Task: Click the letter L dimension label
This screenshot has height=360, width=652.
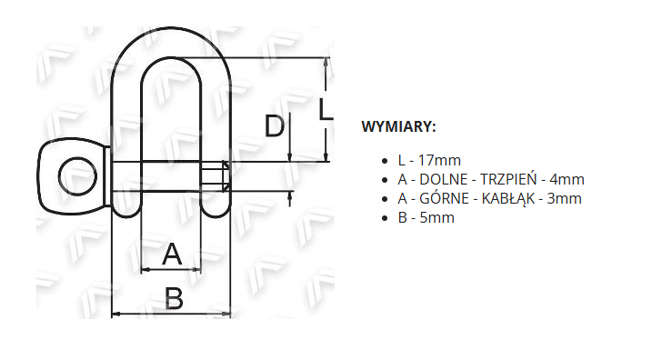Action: click(x=326, y=109)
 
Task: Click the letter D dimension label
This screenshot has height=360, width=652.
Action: click(x=275, y=126)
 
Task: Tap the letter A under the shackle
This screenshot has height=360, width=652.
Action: click(x=172, y=254)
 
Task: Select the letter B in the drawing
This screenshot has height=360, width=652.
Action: click(x=174, y=298)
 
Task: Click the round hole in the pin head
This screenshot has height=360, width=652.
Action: click(x=78, y=176)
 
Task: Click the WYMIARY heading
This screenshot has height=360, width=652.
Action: click(x=399, y=126)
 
